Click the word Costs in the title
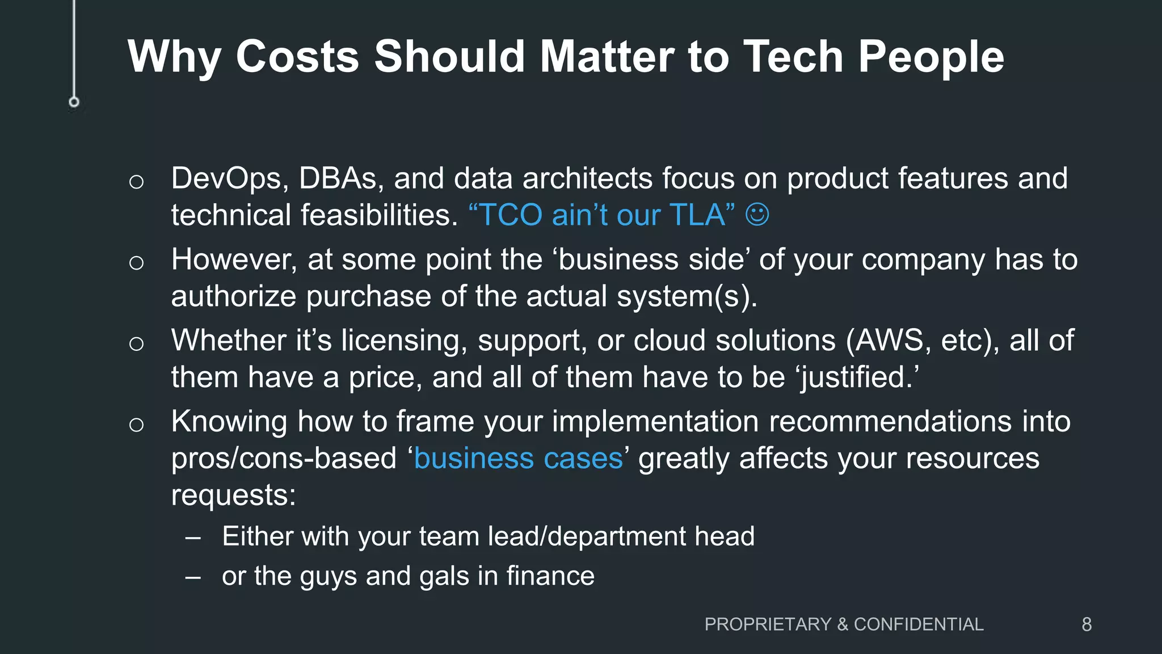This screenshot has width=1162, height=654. point(297,57)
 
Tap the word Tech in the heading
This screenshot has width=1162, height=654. point(793,57)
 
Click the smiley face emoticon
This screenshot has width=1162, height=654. point(757,215)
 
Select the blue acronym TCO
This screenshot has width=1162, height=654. point(511,215)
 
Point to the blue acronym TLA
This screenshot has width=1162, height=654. point(697,215)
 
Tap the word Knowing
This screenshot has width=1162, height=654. point(229,422)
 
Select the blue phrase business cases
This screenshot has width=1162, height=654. point(519,459)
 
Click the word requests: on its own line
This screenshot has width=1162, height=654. point(233,495)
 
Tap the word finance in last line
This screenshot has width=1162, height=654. point(550,576)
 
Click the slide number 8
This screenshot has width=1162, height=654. point(1087,624)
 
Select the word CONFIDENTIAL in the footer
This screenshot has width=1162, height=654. point(919,624)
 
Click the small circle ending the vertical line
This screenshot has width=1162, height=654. point(74,102)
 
